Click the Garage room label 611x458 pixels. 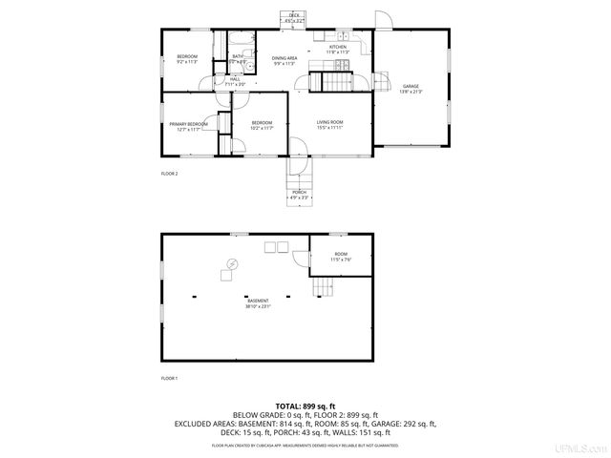pyautogui.click(x=411, y=89)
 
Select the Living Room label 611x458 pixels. pyautogui.click(x=330, y=125)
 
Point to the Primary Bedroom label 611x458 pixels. pyautogui.click(x=188, y=127)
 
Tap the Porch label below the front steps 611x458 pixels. pyautogui.click(x=300, y=195)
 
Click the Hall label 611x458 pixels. pyautogui.click(x=235, y=81)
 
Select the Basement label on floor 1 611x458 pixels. pyautogui.click(x=259, y=303)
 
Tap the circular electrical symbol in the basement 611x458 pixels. pyautogui.click(x=231, y=263)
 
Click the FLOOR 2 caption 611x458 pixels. pyautogui.click(x=169, y=174)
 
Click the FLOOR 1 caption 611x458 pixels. pyautogui.click(x=169, y=379)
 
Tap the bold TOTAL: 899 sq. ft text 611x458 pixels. pyautogui.click(x=305, y=406)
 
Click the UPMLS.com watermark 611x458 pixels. pyautogui.click(x=584, y=448)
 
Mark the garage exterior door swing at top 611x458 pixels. pyautogui.click(x=382, y=20)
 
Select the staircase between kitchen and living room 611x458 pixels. pyautogui.click(x=327, y=82)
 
